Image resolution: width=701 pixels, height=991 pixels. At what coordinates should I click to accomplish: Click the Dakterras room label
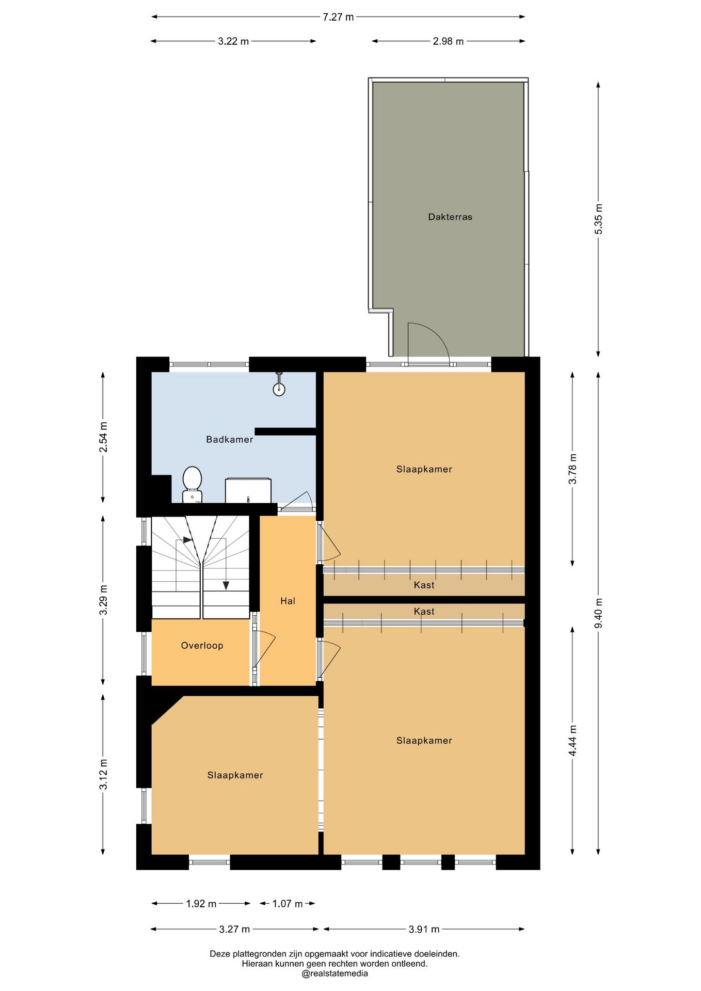450,217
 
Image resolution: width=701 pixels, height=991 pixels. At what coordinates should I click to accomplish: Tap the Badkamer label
230,439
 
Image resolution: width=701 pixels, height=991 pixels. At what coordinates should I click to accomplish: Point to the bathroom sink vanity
248,490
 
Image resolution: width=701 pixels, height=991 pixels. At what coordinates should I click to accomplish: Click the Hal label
288,601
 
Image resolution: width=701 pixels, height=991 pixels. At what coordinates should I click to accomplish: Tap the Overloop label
202,645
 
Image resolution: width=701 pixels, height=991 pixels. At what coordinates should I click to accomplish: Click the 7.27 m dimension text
339,17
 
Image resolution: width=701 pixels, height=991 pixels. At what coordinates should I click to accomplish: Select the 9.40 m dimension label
599,613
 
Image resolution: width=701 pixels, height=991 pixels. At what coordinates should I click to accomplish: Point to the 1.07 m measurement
288,903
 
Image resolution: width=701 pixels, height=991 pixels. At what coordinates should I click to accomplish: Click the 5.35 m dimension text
599,219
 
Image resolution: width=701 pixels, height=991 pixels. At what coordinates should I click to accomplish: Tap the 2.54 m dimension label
103,437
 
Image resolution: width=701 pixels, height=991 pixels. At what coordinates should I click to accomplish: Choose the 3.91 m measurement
424,929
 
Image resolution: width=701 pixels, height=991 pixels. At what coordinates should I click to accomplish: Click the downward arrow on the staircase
226,585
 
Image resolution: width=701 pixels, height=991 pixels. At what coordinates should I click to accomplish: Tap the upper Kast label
424,585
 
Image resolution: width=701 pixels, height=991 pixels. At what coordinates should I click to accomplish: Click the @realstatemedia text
335,973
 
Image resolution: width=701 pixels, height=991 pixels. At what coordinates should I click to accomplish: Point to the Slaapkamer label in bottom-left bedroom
235,775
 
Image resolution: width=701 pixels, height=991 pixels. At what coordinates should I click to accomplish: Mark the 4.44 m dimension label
572,741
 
